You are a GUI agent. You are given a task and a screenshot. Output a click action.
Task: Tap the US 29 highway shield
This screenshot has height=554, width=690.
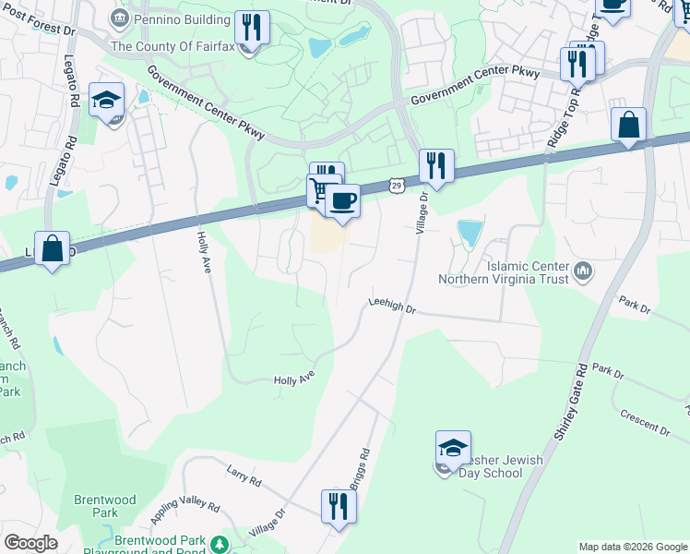pos(395,187)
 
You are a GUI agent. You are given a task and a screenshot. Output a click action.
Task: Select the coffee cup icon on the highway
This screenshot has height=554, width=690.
pos(342,201)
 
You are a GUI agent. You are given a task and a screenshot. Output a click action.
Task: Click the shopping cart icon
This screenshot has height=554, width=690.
pos(320,191)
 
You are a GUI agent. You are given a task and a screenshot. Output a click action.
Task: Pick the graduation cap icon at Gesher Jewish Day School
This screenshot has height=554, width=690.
pos(453,450)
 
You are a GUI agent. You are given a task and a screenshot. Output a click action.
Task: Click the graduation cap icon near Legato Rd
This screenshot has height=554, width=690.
pos(107,101)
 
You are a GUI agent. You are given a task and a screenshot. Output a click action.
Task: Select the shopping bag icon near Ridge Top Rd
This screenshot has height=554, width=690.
pos(628,126)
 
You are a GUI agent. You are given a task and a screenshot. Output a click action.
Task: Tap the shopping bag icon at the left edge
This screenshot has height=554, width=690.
pos(53,248)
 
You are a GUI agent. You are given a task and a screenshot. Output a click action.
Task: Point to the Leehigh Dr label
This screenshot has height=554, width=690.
pos(392,306)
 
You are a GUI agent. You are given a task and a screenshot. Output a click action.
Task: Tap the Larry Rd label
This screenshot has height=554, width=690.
pos(244,476)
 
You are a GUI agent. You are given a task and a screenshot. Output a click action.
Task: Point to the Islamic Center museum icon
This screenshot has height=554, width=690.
pos(582,271)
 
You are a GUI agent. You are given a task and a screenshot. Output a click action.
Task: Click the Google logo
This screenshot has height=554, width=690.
pos(30,543)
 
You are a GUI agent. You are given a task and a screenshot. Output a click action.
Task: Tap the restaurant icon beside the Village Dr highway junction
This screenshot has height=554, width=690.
pos(434,166)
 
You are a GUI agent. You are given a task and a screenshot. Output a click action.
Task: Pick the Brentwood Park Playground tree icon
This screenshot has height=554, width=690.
pos(220,545)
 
